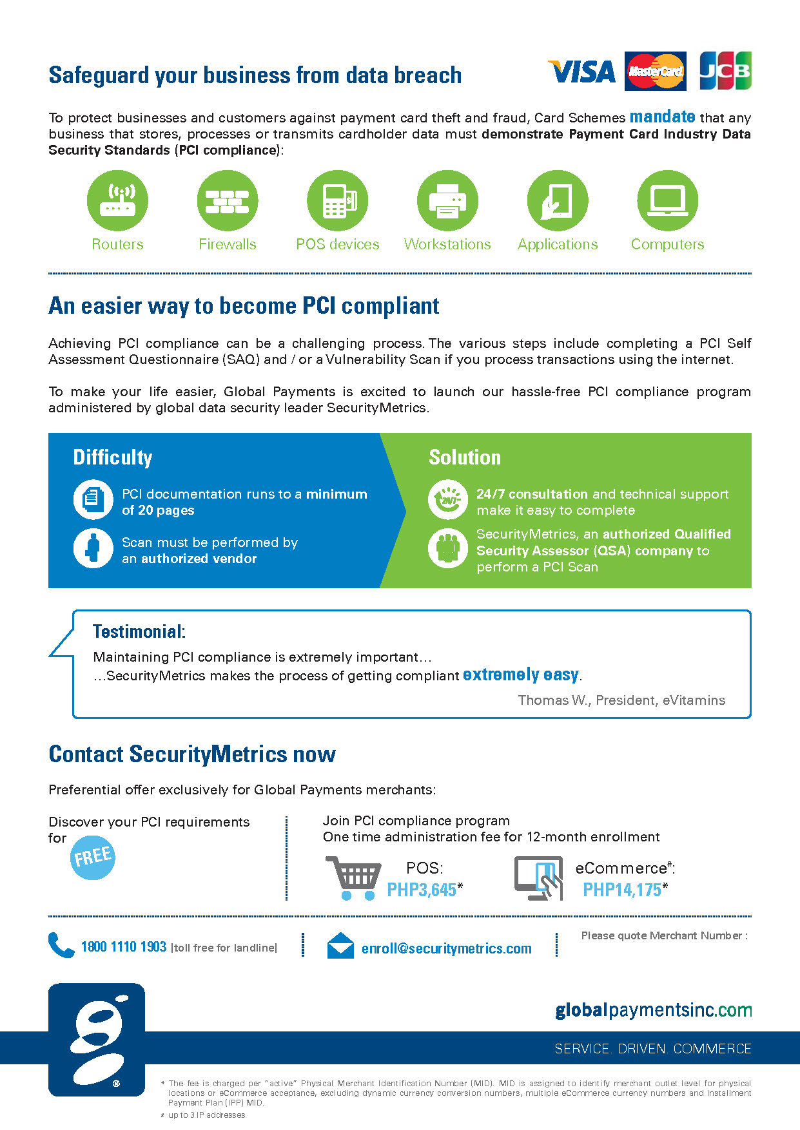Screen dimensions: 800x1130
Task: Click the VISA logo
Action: (581, 72)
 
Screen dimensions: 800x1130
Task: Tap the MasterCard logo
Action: (655, 71)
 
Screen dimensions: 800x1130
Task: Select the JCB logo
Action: (725, 71)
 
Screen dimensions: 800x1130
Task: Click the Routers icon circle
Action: (117, 200)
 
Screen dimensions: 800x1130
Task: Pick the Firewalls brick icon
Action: (228, 200)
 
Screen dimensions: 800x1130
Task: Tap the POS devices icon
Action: (337, 200)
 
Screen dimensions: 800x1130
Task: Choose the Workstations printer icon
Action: (447, 200)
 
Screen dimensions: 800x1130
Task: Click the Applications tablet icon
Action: (558, 200)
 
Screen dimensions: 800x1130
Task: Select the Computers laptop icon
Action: (667, 200)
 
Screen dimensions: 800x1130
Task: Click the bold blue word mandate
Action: (662, 117)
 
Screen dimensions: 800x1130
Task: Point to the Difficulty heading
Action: (113, 457)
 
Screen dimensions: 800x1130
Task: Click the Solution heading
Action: (465, 457)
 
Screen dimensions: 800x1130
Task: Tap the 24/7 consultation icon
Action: (447, 499)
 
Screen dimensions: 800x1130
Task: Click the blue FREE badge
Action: (93, 857)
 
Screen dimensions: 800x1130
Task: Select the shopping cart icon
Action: (353, 877)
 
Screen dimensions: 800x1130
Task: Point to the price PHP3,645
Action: (422, 890)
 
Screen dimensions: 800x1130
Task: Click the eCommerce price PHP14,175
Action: (622, 890)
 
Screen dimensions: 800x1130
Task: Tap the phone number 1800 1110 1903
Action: (124, 946)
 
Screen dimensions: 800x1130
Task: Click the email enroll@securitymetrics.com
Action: (447, 948)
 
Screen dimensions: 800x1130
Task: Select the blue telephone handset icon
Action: (61, 945)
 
